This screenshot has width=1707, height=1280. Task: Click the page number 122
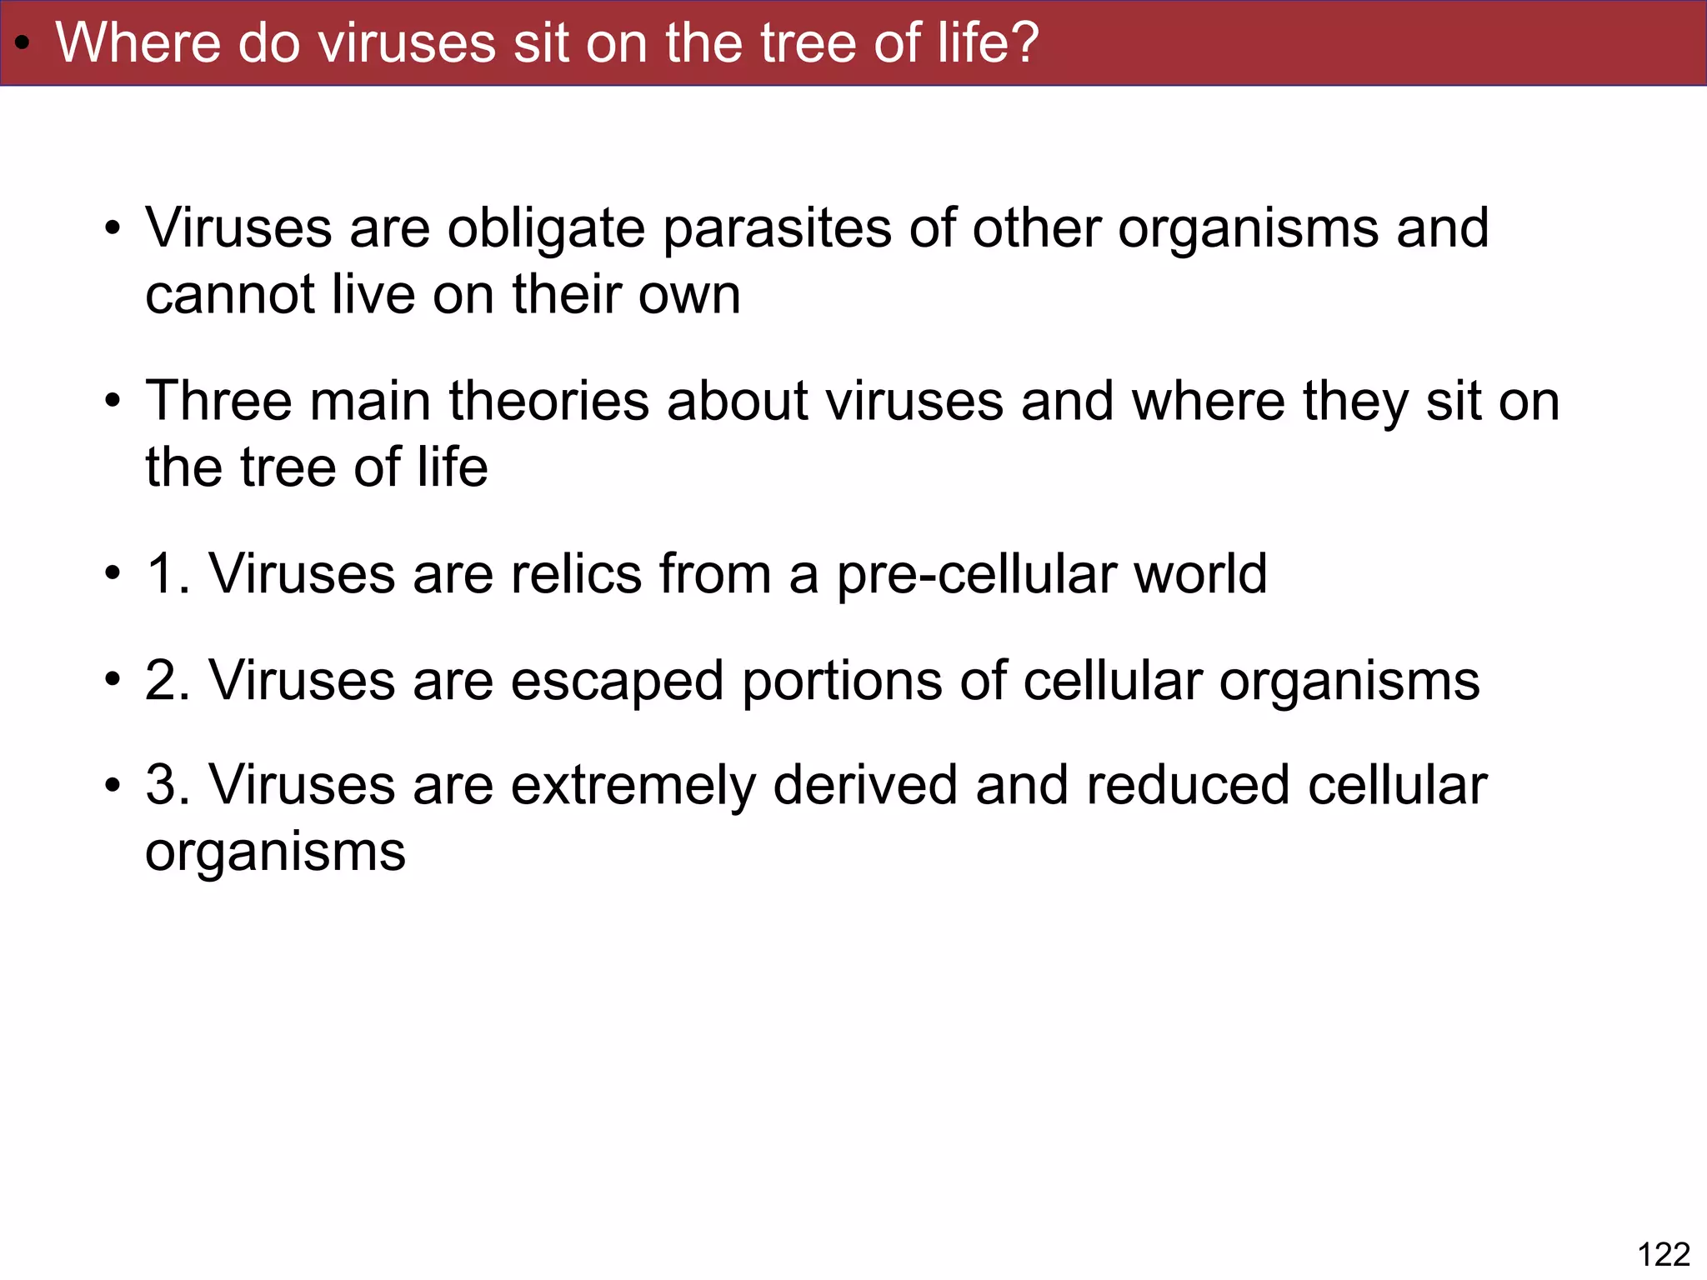coord(1664,1254)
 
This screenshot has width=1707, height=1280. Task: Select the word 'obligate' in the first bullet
coord(546,228)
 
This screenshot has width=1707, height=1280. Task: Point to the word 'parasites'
coord(776,228)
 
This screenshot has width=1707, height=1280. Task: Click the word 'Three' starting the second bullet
coord(218,401)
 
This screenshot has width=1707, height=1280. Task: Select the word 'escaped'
coord(617,682)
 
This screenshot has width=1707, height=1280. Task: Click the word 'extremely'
coord(633,787)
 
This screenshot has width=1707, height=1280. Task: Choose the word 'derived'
coord(865,785)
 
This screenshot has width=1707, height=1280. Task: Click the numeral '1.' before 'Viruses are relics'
coord(167,574)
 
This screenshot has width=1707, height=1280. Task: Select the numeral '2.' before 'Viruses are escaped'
coord(167,680)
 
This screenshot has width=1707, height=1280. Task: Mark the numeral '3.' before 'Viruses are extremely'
coord(167,785)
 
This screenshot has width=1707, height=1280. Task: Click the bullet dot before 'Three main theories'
coord(113,402)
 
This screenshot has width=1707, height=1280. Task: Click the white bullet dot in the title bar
coord(23,43)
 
